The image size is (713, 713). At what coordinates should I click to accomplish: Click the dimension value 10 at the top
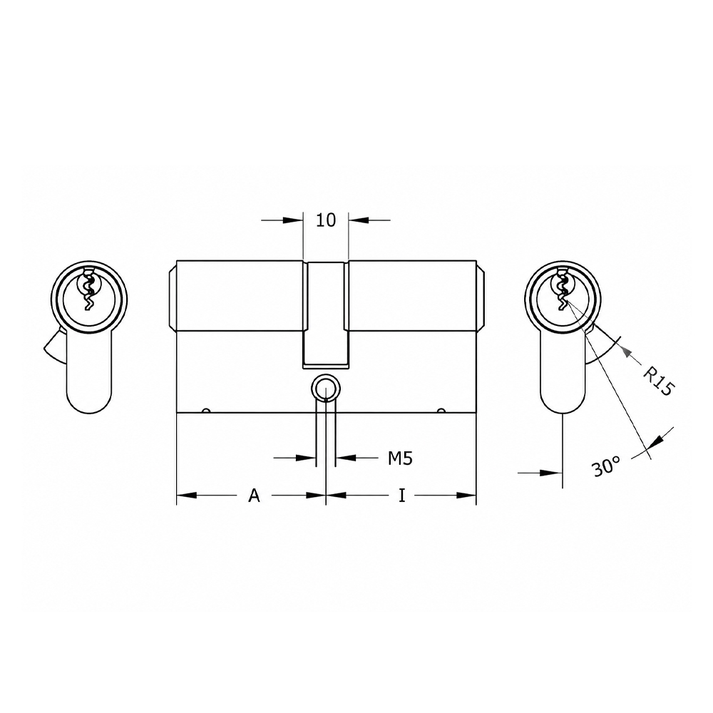pos(326,220)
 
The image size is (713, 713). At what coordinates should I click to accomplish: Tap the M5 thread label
pos(400,458)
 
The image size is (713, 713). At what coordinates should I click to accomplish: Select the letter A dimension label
pos(255,496)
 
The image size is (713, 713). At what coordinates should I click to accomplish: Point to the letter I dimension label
pos(401,496)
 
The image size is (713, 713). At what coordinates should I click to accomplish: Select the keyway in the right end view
pos(563,289)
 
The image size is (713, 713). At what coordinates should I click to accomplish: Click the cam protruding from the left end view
pos(55,344)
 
